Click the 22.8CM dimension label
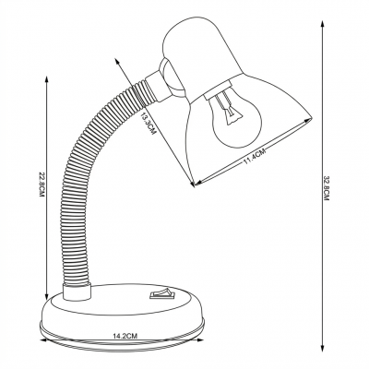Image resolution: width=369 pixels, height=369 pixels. pyautogui.click(x=42, y=184)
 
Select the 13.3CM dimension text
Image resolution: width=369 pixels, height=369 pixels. pyautogui.click(x=149, y=123)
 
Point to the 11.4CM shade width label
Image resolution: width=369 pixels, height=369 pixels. pyautogui.click(x=255, y=156)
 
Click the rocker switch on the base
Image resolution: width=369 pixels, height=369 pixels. pyautogui.click(x=162, y=293)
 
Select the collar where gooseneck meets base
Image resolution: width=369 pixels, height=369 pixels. pyautogui.click(x=77, y=292)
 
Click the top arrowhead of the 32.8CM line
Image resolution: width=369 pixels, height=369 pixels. pyautogui.click(x=322, y=24)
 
